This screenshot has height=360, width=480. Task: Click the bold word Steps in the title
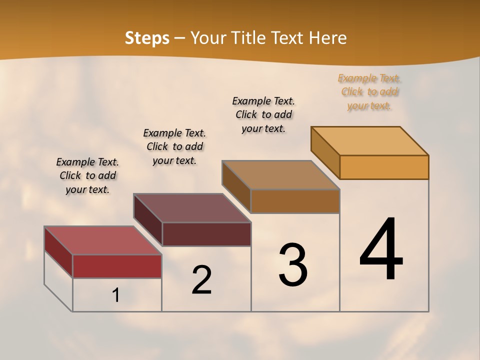coord(147,38)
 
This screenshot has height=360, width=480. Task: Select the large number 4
coord(381,250)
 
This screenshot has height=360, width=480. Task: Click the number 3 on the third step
coord(292,265)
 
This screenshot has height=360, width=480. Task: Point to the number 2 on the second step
coord(201,280)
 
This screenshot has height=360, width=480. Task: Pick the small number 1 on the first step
coord(116,295)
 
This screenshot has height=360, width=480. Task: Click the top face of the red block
coord(102,240)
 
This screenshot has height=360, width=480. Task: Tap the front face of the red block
coord(117,266)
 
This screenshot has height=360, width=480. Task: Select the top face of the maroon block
coord(192,207)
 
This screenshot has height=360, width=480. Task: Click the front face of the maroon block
coord(206,234)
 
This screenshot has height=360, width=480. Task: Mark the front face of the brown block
coord(295,201)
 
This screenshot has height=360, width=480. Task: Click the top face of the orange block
coord(369,140)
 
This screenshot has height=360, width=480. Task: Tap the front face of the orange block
coord(384,167)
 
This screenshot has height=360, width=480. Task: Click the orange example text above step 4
coord(369,92)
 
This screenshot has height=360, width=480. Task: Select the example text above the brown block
coord(263,114)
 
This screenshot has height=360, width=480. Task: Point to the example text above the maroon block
coord(174,146)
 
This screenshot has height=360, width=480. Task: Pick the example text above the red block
coord(87,175)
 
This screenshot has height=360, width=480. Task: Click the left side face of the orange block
coord(325,152)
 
